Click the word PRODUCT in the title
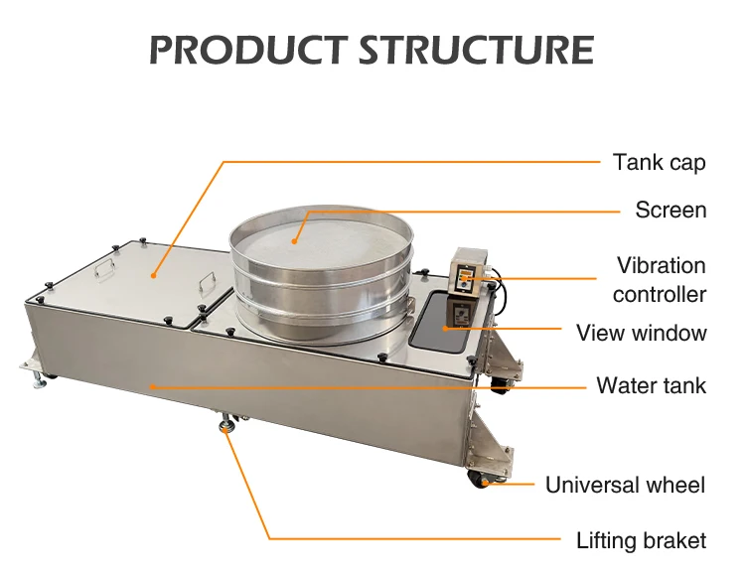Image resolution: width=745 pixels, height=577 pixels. point(243,49)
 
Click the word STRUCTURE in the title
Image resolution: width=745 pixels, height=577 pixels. point(472,49)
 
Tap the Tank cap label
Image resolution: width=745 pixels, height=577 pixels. point(659,162)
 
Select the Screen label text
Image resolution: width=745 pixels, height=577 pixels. point(670,210)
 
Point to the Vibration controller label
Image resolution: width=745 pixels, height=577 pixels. point(661,280)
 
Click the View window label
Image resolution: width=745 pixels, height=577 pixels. point(642,333)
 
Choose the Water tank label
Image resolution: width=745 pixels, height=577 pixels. point(651,384)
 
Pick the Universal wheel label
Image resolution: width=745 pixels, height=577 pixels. point(625,485)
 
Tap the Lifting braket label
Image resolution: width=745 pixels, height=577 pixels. point(641,540)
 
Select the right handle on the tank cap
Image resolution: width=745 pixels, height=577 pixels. point(208,282)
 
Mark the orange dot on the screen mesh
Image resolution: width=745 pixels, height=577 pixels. point(295,238)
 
